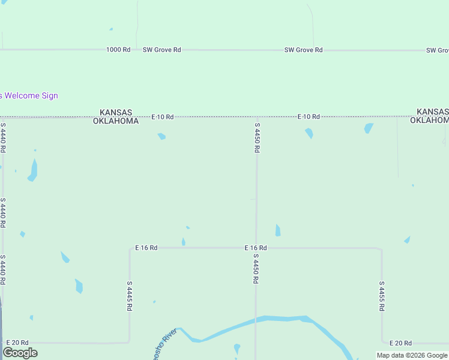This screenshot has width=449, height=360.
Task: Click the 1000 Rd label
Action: pyautogui.click(x=118, y=50)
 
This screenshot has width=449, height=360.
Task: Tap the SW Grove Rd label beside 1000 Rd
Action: pyautogui.click(x=161, y=50)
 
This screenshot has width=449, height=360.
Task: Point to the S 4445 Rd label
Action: pyautogui.click(x=129, y=296)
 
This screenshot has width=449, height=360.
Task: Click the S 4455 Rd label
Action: pyautogui.click(x=382, y=296)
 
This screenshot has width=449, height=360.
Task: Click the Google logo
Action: pyautogui.click(x=20, y=353)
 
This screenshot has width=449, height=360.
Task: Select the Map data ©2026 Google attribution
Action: pyautogui.click(x=411, y=355)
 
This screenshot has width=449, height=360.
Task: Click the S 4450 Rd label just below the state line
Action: pyautogui.click(x=257, y=138)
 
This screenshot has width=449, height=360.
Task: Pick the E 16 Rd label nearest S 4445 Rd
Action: pyautogui.click(x=146, y=247)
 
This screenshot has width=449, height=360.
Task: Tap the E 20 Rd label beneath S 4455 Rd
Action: pyautogui.click(x=400, y=343)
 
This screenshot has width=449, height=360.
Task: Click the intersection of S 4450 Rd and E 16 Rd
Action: pyautogui.click(x=256, y=247)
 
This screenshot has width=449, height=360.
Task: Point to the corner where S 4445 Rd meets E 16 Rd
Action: pyautogui.click(x=130, y=248)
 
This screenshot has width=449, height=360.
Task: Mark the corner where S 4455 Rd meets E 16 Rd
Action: pyautogui.click(x=381, y=248)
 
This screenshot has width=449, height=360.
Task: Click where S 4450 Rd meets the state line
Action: pyautogui.click(x=257, y=117)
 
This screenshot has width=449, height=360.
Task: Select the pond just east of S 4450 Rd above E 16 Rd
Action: pyautogui.click(x=278, y=230)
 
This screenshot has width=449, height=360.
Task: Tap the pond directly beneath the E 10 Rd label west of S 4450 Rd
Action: pyautogui.click(x=161, y=136)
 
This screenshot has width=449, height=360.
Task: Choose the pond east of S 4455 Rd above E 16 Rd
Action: pyautogui.click(x=408, y=240)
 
